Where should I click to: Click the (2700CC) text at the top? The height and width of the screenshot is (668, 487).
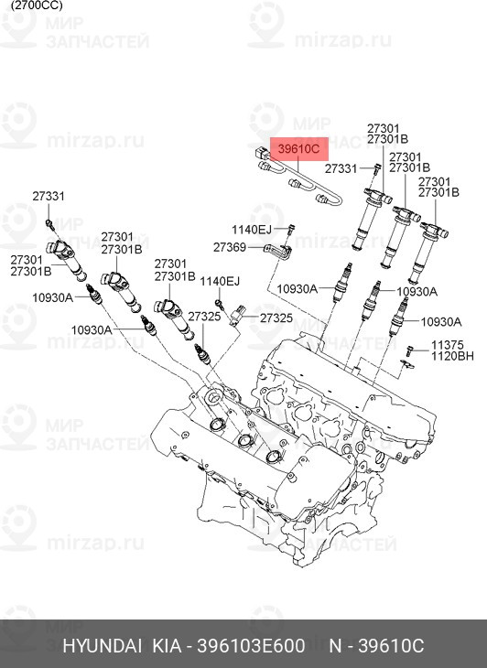click(31, 5)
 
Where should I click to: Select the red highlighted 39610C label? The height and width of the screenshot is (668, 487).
click(298, 148)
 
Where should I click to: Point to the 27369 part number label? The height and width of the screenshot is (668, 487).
click(229, 247)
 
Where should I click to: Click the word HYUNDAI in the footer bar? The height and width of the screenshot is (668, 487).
click(102, 646)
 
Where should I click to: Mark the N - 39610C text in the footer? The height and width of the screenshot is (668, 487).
click(376, 646)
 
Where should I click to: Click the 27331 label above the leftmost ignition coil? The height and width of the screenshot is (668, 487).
click(49, 197)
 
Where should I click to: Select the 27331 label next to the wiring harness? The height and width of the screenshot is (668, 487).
click(341, 169)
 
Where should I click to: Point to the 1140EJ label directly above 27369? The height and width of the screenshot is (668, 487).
click(251, 230)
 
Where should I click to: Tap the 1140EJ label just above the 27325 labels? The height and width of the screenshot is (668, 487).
click(220, 281)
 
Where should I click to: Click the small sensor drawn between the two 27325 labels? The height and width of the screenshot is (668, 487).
click(240, 315)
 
